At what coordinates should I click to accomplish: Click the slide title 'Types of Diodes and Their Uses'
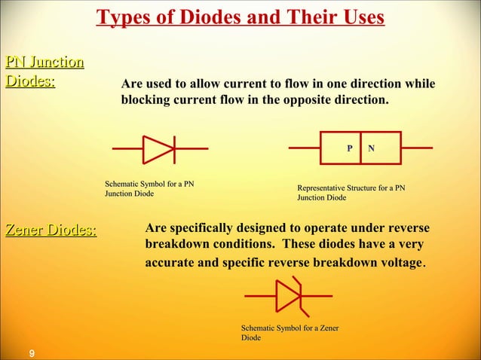pos(240,17)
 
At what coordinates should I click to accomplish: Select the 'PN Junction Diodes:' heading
pos(44,71)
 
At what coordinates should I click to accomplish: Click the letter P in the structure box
pos(348,149)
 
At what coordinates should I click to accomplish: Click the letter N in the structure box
pos(371,149)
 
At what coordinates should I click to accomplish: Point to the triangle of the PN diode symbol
pos(157,149)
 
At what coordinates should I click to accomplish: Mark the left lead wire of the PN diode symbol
pos(127,149)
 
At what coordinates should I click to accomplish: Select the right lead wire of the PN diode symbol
pos(191,149)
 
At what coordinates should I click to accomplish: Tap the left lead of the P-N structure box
pos(305,148)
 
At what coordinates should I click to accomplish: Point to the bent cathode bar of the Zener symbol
pos(301,295)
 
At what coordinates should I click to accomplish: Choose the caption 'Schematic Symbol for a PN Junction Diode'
pos(142,188)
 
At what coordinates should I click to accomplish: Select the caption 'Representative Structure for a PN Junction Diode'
pos(351,192)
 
